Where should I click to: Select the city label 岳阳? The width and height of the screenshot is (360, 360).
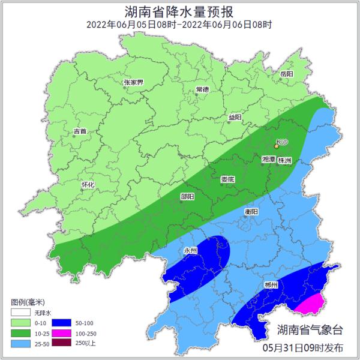286,74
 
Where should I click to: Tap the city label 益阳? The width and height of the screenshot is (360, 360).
235,118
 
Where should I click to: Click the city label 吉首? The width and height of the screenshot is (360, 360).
80,131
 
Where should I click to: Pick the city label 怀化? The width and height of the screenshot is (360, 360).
88,185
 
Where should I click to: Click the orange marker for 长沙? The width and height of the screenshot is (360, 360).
277,146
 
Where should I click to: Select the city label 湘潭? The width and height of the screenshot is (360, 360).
269,160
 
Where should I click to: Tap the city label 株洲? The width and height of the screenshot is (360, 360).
285,160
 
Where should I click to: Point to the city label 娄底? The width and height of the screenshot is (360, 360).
227,179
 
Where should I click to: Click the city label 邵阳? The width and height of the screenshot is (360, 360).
187,196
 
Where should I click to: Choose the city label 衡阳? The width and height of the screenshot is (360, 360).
251,212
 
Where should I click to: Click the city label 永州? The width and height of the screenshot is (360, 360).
190,250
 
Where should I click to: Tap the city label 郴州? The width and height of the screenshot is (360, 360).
271,284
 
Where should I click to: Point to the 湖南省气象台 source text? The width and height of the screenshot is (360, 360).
310,329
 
